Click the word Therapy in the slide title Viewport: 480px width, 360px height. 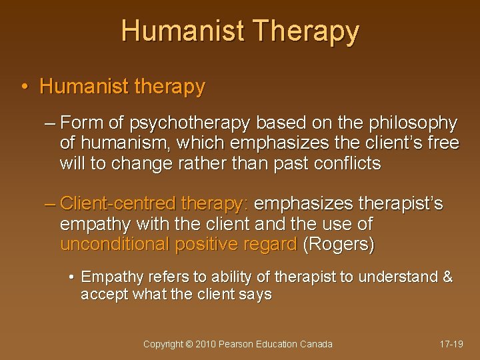click(x=307, y=31)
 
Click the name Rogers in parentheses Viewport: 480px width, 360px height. click(x=339, y=244)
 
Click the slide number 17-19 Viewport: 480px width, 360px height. click(x=451, y=344)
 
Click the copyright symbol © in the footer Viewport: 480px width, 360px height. click(x=189, y=344)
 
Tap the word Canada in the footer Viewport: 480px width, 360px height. click(x=315, y=344)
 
